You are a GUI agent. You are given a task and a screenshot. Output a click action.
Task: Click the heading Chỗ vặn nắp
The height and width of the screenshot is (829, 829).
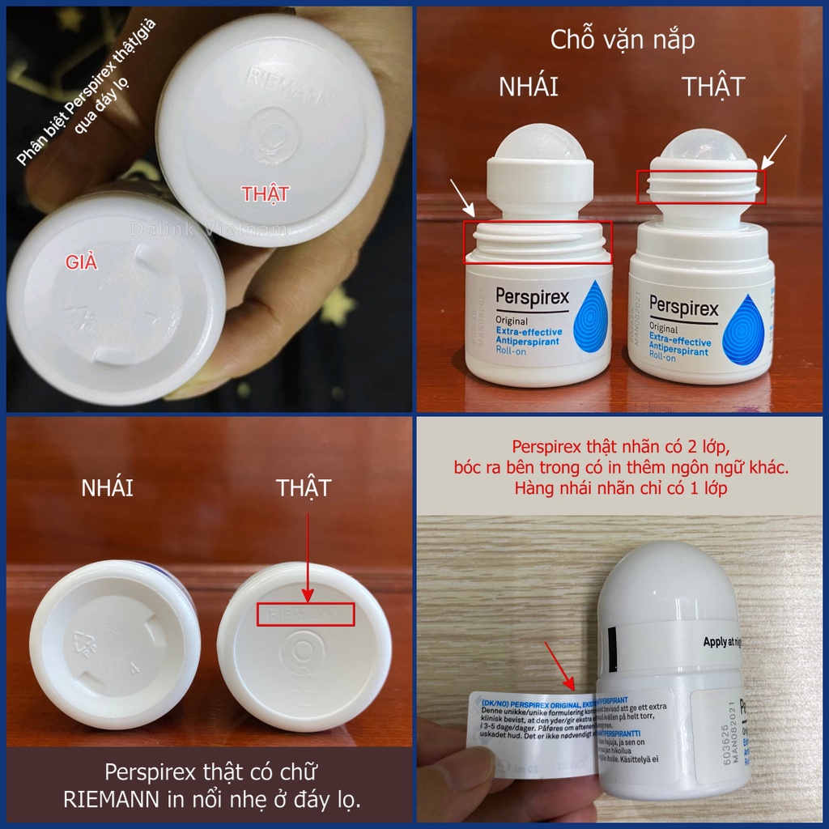(622, 40)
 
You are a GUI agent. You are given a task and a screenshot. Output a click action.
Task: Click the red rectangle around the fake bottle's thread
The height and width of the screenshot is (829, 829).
(538, 242)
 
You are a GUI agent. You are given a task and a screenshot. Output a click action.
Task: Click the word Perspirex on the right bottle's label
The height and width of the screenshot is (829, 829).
(683, 308)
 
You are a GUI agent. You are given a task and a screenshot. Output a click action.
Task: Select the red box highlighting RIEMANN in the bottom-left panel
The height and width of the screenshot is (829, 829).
(305, 614)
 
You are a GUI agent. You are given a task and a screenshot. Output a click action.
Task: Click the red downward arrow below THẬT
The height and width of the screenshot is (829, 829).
(308, 559)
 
